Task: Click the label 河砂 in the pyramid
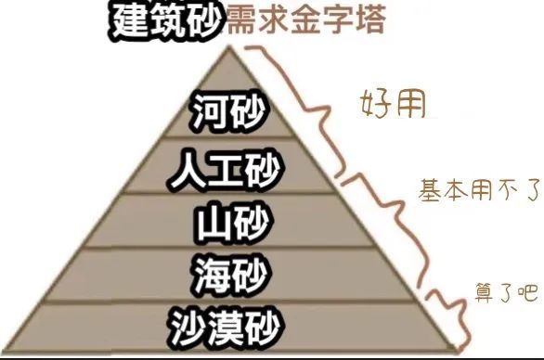coord(227,114)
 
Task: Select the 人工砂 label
coord(227,170)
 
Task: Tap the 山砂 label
coord(227,223)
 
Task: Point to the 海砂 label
coord(227,275)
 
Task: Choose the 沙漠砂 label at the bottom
coord(227,327)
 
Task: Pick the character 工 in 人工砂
coord(227,170)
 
